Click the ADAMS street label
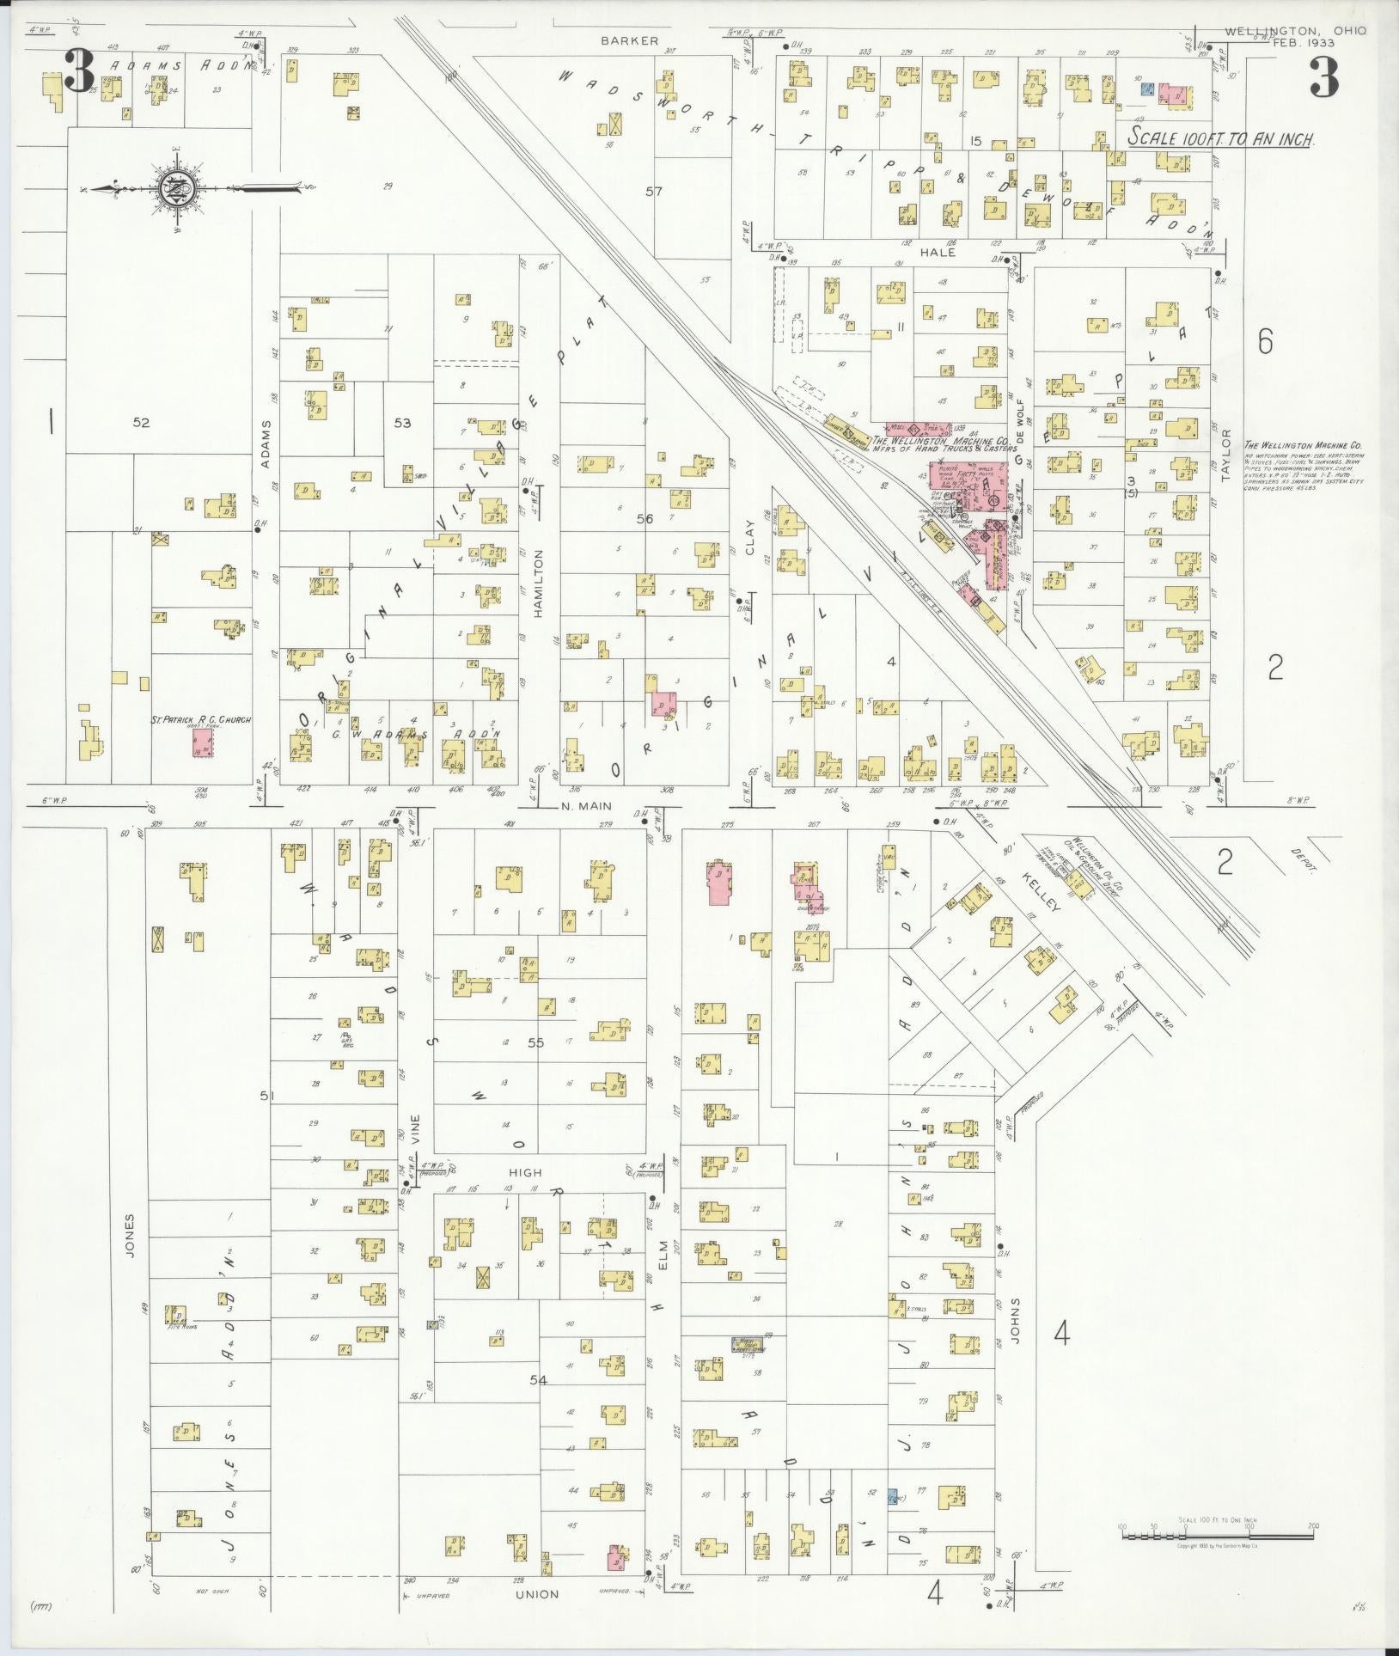tap(266, 443)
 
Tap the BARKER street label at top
tap(629, 40)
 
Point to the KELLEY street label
tap(1041, 893)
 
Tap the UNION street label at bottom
tap(537, 1594)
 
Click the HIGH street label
tap(525, 1172)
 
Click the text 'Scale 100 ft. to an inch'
tap(1221, 138)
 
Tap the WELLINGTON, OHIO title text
tap(1296, 30)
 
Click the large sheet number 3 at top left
tap(78, 72)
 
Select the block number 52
tap(142, 422)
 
